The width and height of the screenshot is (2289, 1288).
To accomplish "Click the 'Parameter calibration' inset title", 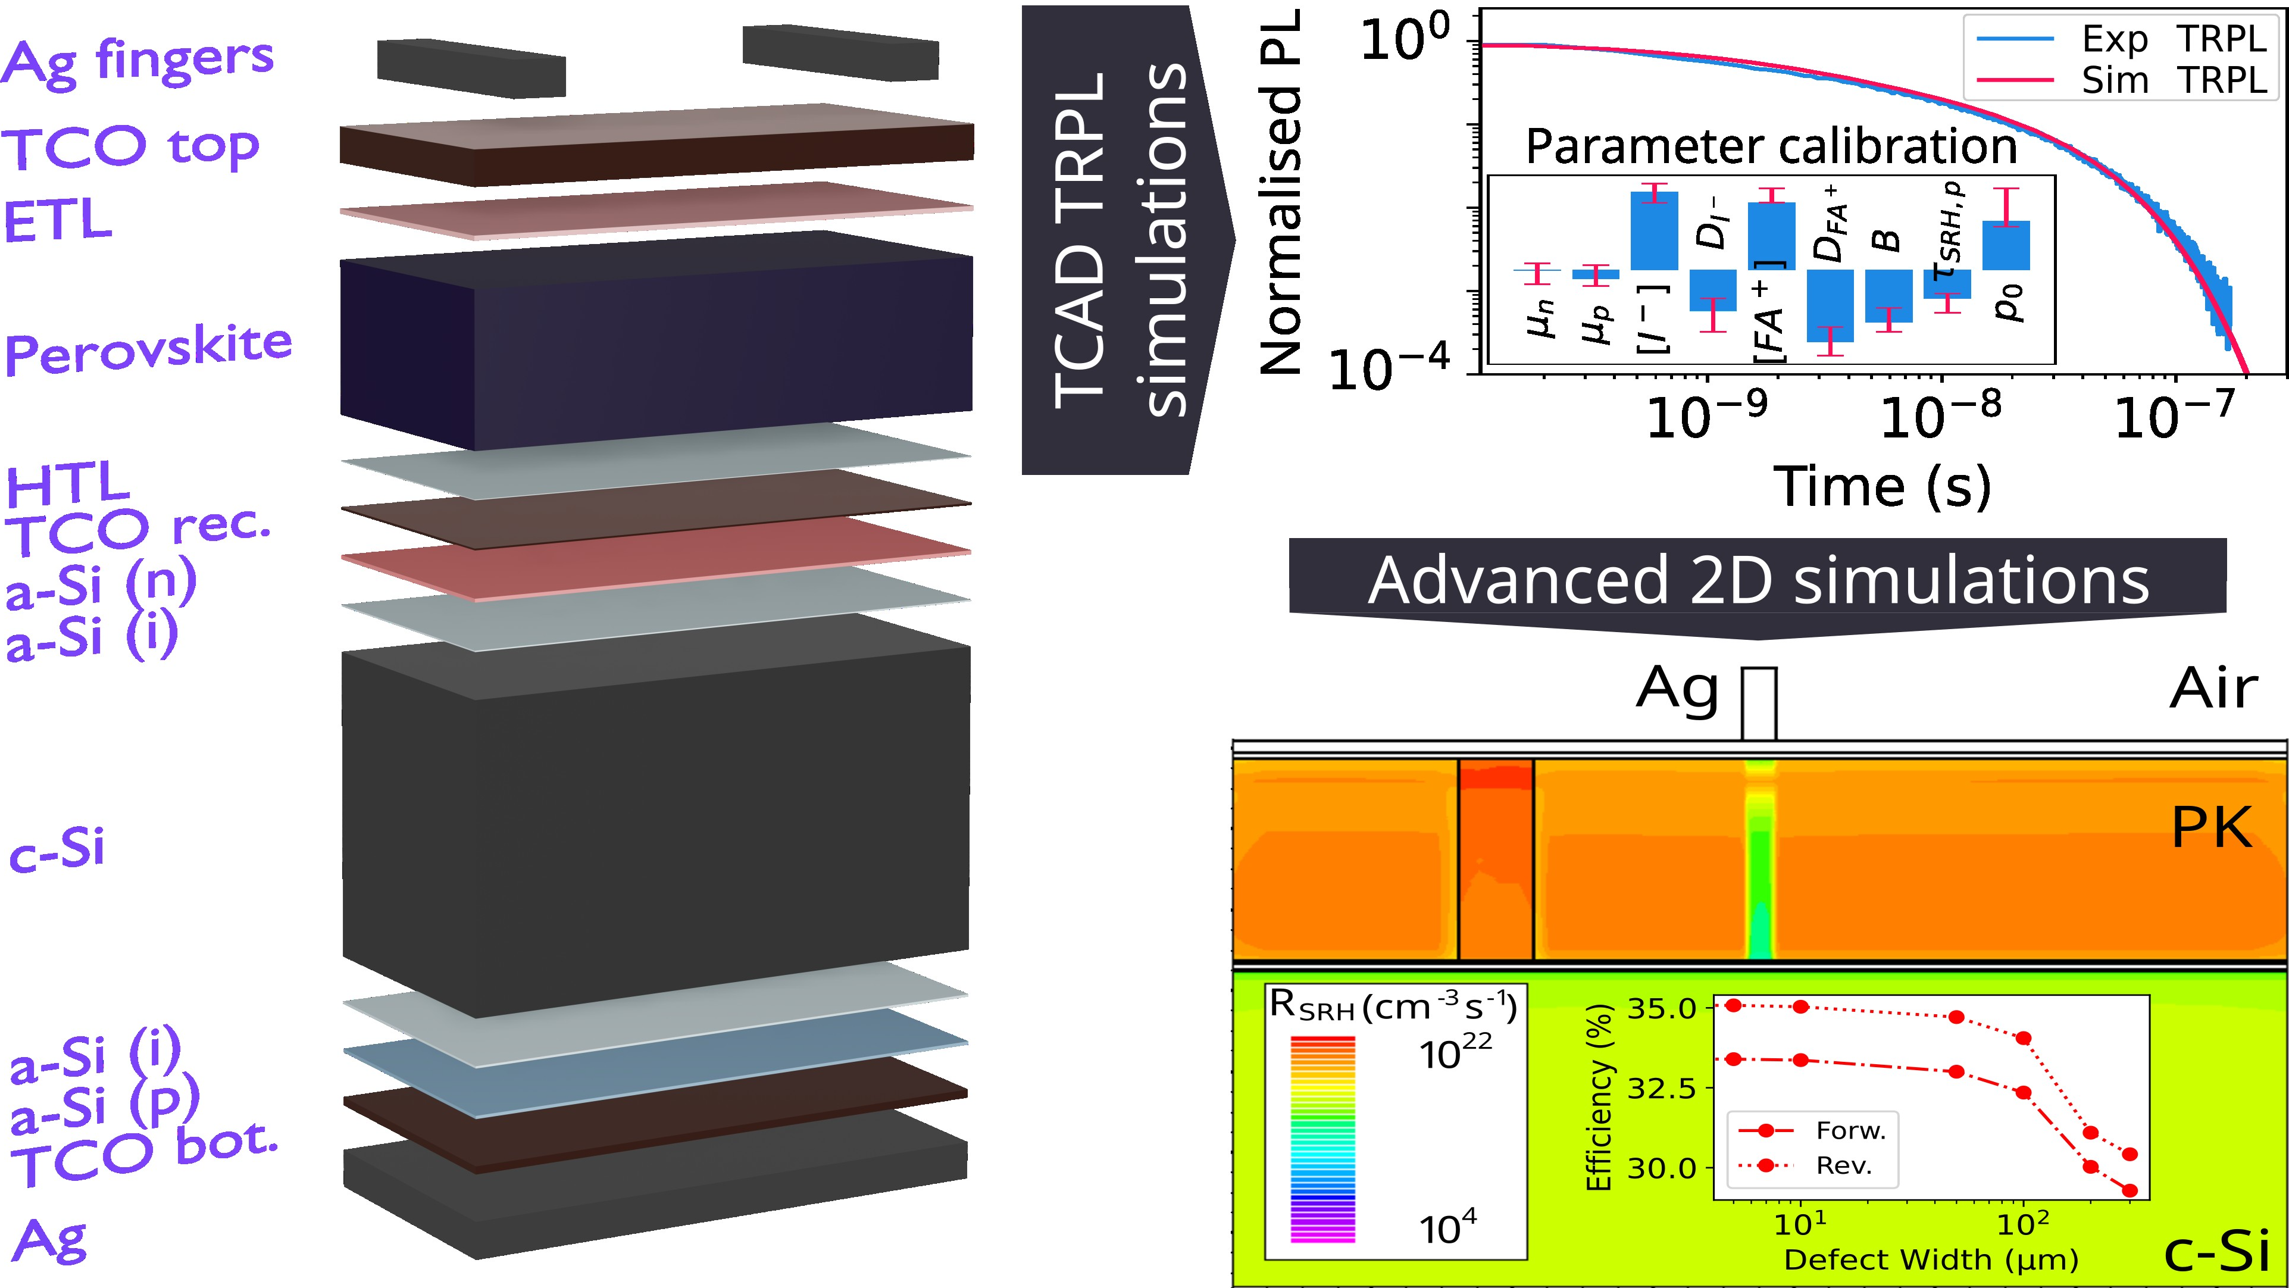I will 1771,146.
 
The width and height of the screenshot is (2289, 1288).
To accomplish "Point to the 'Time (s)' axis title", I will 1882,487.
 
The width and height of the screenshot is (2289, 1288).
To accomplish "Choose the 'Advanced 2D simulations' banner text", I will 1758,580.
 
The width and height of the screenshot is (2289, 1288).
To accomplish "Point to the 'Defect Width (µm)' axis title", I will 1931,1259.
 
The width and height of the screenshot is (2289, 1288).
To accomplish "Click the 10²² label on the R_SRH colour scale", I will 1455,1053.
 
